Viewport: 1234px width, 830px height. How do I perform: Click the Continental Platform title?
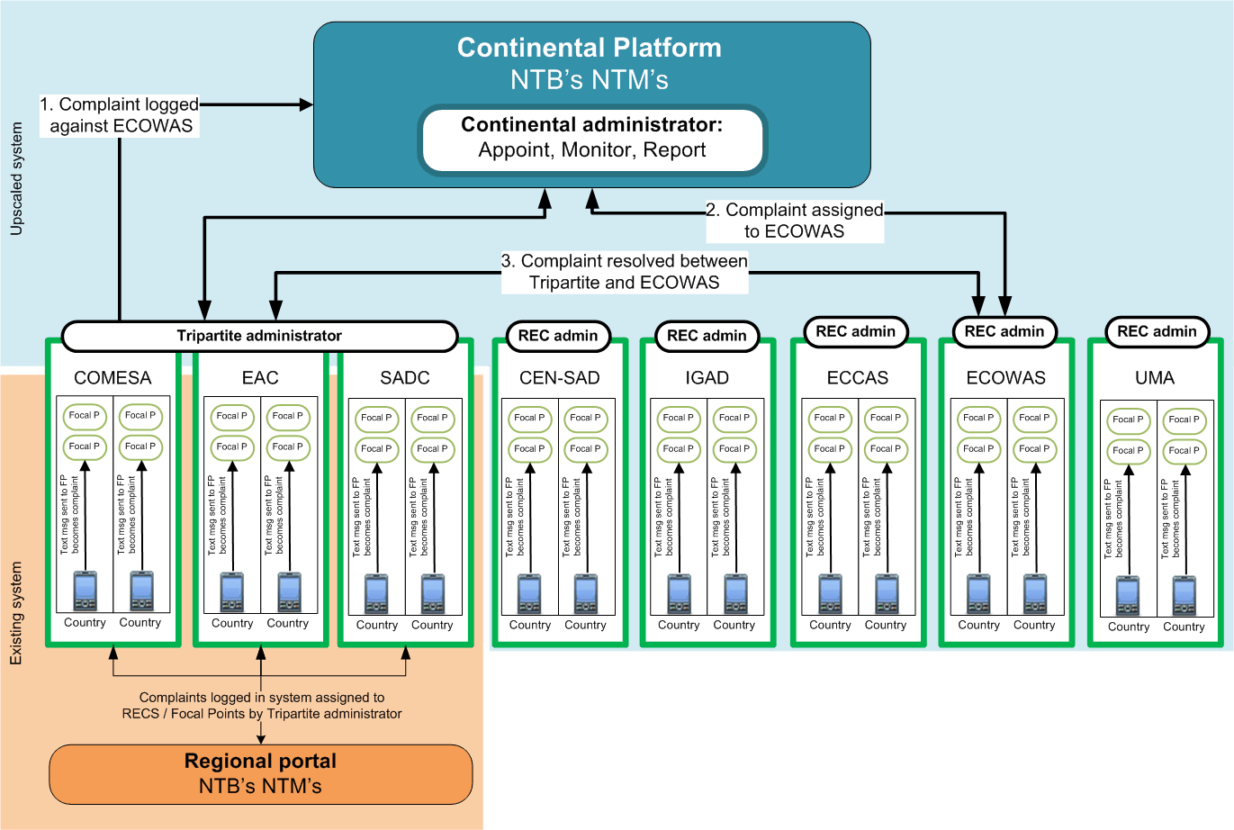589,48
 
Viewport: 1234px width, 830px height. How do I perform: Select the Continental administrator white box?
591,138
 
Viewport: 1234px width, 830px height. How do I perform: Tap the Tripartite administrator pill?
259,336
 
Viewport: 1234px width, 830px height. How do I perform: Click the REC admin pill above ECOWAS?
1004,331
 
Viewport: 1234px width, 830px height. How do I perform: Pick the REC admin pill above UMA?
1157,331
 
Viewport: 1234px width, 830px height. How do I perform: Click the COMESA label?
113,378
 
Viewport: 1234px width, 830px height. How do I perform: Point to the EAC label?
260,378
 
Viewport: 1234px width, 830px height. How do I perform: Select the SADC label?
405,378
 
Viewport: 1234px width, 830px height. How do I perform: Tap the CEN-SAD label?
559,378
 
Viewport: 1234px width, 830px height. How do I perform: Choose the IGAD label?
707,378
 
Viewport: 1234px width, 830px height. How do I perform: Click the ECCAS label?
857,378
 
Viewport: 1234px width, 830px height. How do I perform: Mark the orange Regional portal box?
260,773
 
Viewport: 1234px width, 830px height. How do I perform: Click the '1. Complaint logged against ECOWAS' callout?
120,115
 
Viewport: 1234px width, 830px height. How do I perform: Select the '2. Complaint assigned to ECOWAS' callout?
795,221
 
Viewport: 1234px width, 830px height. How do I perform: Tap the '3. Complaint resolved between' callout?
625,271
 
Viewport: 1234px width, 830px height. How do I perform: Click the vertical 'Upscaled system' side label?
16,180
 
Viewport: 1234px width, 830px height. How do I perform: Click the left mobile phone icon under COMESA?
85,591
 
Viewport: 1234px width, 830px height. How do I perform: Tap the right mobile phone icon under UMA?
1184,596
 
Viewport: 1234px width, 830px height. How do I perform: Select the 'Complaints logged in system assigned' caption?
262,705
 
